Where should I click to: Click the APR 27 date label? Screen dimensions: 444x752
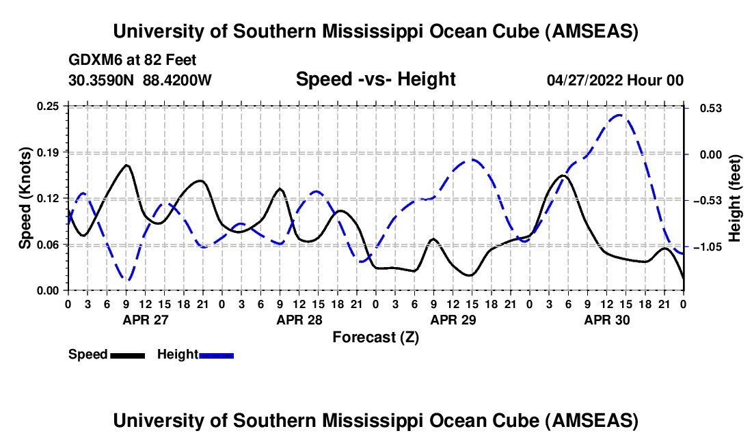click(x=145, y=320)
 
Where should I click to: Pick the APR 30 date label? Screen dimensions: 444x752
click(x=608, y=320)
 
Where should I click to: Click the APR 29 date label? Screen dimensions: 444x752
click(x=453, y=320)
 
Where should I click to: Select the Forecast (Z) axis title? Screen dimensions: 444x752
click(x=375, y=337)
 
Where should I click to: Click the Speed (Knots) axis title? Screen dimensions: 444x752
click(x=25, y=198)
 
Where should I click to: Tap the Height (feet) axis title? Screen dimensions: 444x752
click(x=735, y=198)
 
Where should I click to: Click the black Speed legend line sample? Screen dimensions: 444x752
click(x=126, y=355)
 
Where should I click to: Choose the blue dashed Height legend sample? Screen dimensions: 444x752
click(x=216, y=355)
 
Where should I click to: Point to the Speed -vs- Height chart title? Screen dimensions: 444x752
click(x=375, y=79)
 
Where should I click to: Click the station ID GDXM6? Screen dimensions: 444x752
click(x=92, y=60)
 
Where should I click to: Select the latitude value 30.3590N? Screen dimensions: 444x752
click(x=103, y=80)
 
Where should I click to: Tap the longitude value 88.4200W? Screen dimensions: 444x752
click(x=178, y=80)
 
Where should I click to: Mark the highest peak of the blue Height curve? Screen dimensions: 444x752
click(x=619, y=115)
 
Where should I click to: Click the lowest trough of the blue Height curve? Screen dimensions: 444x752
click(x=126, y=279)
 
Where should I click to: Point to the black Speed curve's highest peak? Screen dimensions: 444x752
click(x=126, y=165)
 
